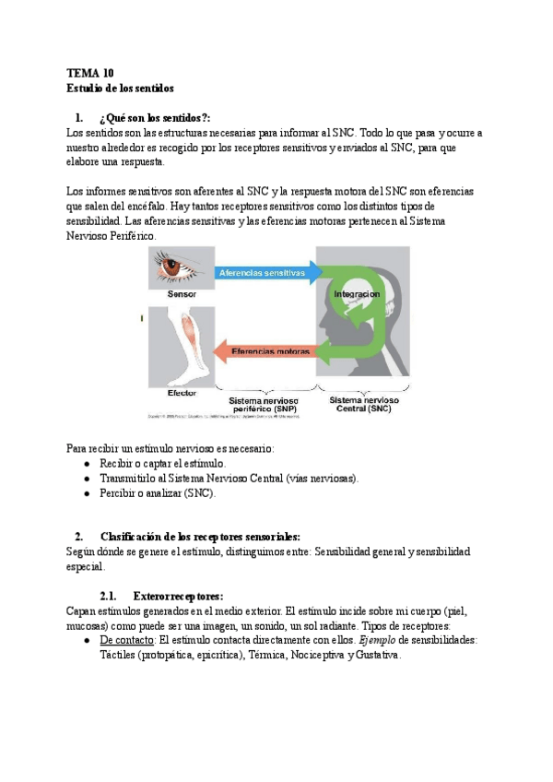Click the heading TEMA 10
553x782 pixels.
click(90, 73)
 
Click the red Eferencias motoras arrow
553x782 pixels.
click(267, 350)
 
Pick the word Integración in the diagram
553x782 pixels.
click(356, 294)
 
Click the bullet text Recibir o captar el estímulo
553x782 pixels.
click(162, 463)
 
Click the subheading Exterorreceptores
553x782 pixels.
click(178, 596)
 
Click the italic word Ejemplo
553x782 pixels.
click(379, 640)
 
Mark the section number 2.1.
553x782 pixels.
click(109, 596)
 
